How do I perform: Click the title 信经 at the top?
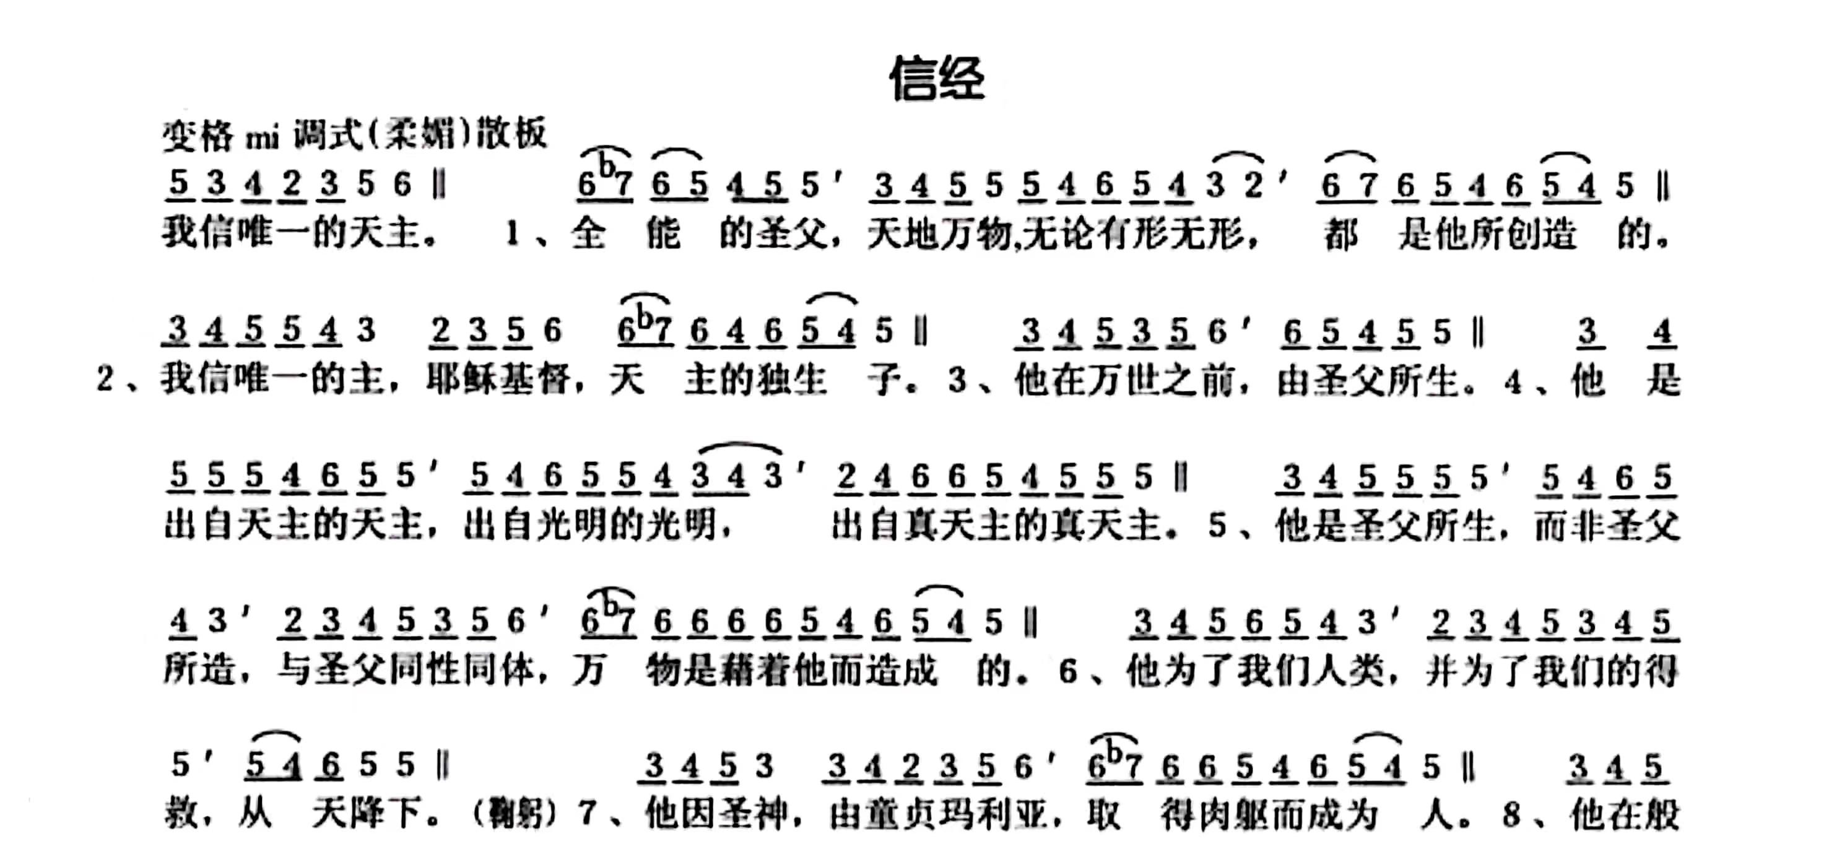[937, 79]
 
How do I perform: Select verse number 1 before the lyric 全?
[512, 234]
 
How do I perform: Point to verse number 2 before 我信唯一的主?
[105, 379]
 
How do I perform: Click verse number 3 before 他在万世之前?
[957, 380]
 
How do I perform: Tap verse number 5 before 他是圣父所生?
[1219, 526]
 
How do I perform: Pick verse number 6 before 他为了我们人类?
[1068, 671]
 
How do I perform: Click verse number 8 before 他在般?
[1511, 815]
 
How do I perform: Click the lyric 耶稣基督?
[498, 378]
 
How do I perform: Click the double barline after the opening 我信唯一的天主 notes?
[440, 185]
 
